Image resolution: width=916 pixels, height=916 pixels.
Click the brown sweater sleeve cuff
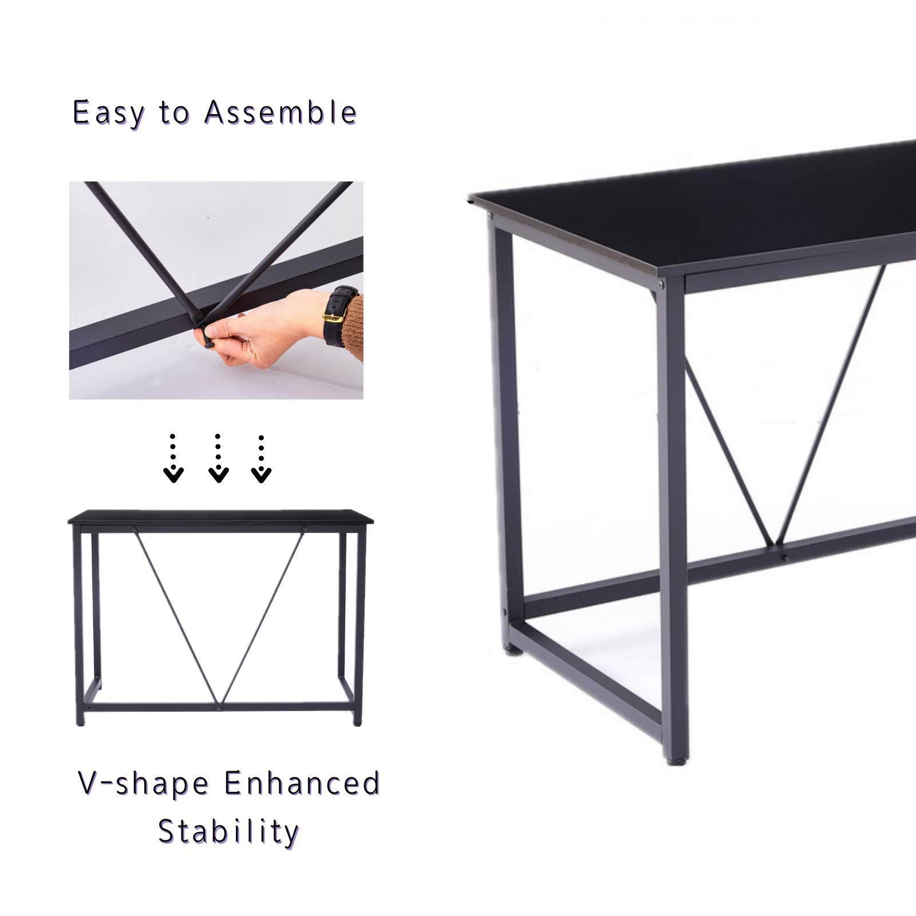point(353,326)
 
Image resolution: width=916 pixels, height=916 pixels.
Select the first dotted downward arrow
point(173,459)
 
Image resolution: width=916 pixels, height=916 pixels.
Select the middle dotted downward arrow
point(218,459)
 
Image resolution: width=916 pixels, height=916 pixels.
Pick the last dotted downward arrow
point(261,459)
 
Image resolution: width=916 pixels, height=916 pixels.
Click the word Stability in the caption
point(228,831)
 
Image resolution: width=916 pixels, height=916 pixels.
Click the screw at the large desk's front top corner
point(662,282)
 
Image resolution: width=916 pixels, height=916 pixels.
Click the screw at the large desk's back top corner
point(491,217)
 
